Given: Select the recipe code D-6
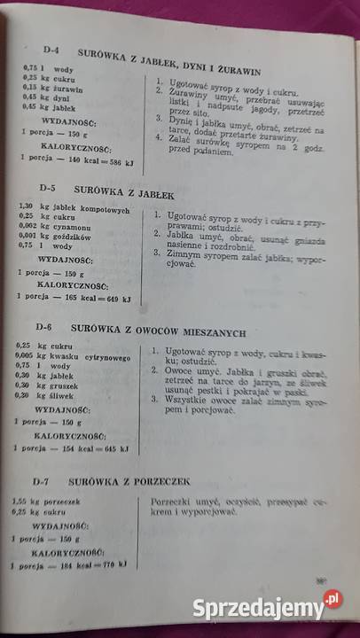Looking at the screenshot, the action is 51,326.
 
